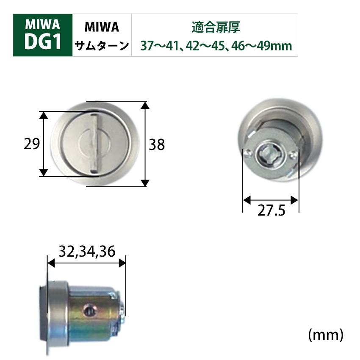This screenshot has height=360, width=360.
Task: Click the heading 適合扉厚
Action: pos(216,28)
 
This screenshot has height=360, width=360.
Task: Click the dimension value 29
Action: pos(32,145)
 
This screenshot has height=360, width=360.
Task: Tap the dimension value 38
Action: pos(156,145)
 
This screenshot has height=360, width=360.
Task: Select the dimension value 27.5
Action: pos(271,211)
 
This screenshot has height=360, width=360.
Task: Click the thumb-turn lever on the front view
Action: pos(94,144)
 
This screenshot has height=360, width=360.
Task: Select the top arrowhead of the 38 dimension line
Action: pos(145,105)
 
